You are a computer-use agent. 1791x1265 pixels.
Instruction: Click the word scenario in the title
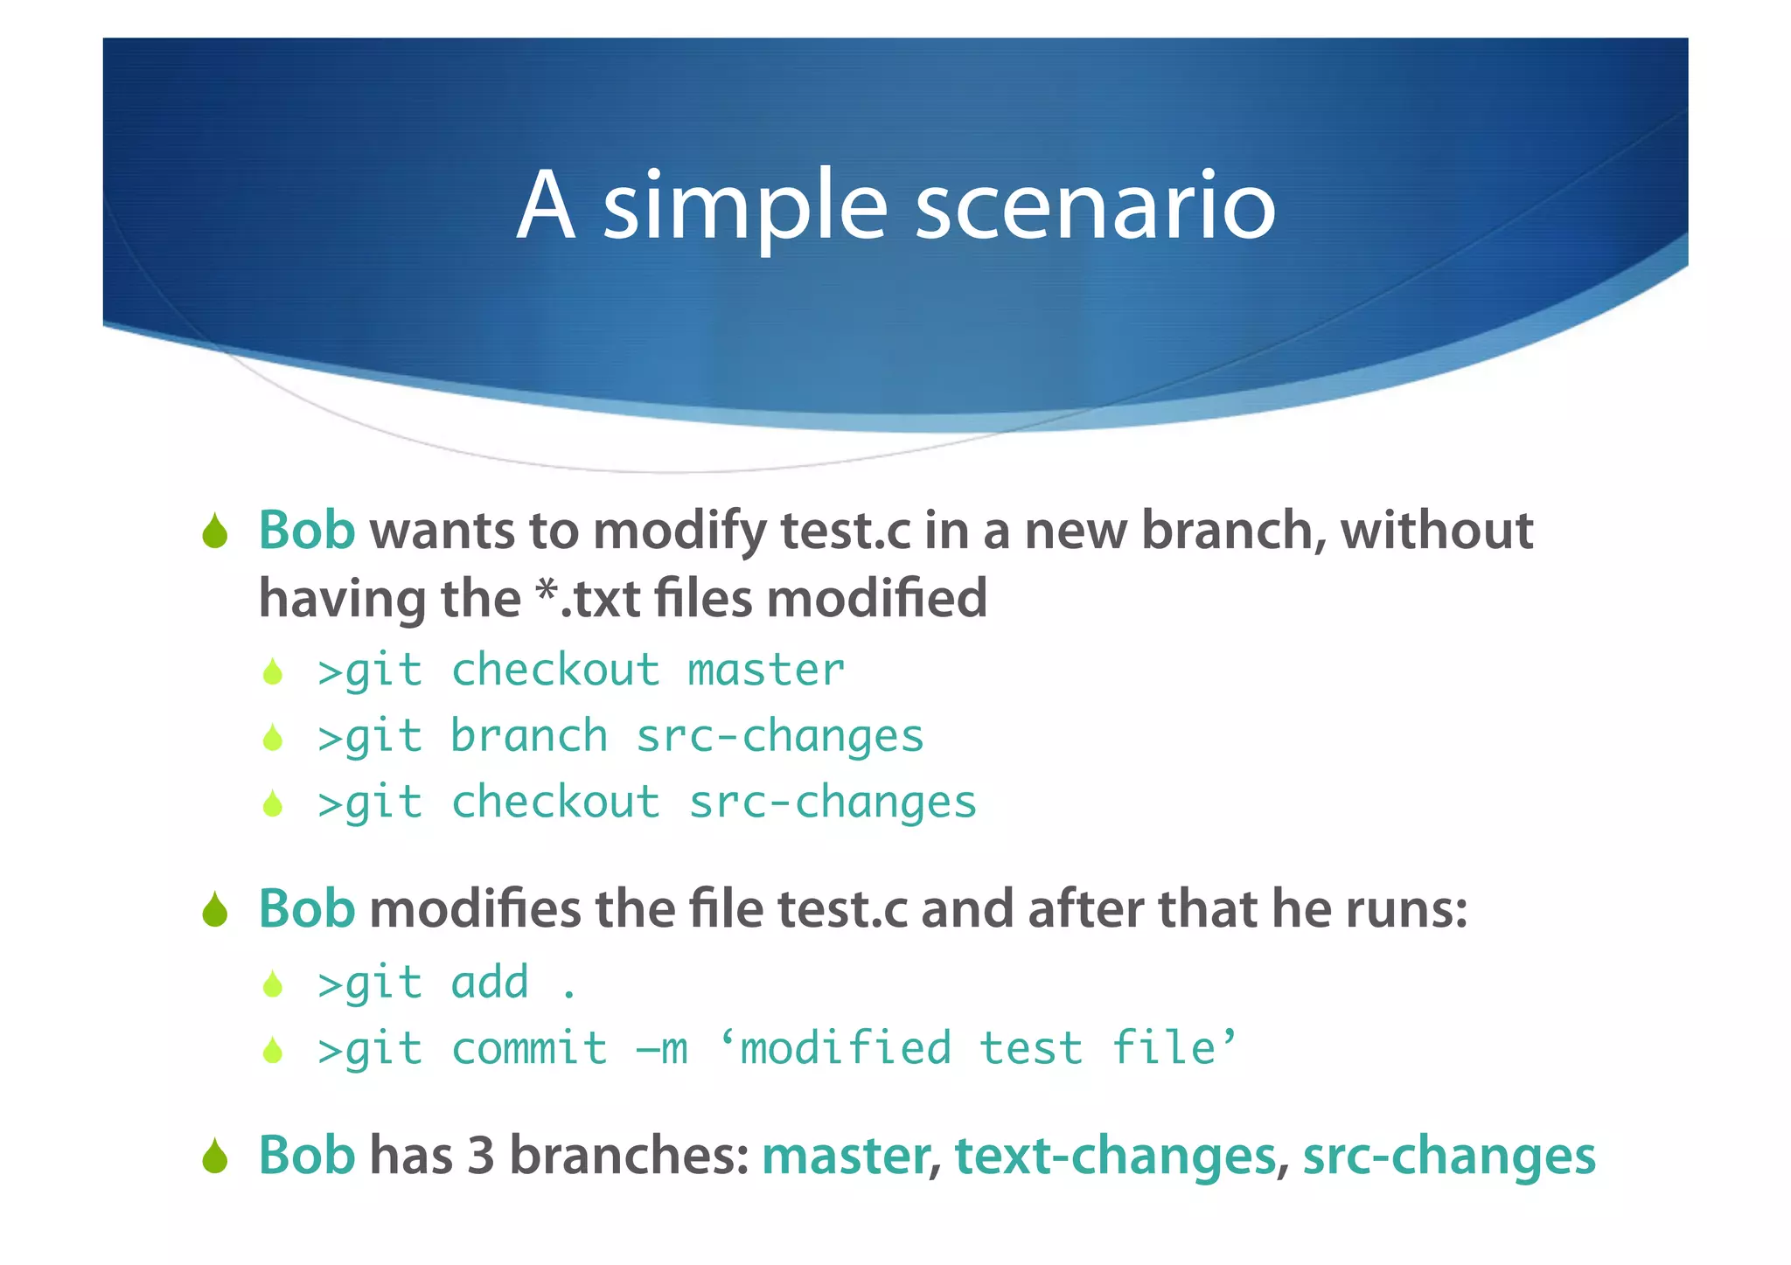click(1095, 206)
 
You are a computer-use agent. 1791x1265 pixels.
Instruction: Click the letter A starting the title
click(546, 206)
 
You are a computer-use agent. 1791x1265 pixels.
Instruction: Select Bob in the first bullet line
click(307, 531)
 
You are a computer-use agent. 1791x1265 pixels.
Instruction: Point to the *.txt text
click(589, 599)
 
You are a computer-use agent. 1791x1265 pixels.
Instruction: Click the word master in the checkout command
click(766, 671)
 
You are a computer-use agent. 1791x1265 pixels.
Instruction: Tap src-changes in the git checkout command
click(832, 803)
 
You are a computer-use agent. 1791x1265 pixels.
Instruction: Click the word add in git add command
click(490, 983)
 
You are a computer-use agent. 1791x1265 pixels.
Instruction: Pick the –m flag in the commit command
click(662, 1048)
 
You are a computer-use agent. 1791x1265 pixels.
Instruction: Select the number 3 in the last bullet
click(481, 1155)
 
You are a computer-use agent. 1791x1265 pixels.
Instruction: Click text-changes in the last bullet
click(1115, 1157)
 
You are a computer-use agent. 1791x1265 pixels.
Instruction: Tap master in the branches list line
click(845, 1157)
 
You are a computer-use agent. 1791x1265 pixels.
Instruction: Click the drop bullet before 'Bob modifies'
click(215, 910)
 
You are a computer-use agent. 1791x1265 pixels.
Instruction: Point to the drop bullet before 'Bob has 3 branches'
click(215, 1157)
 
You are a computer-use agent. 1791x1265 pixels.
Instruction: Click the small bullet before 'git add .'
click(273, 984)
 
